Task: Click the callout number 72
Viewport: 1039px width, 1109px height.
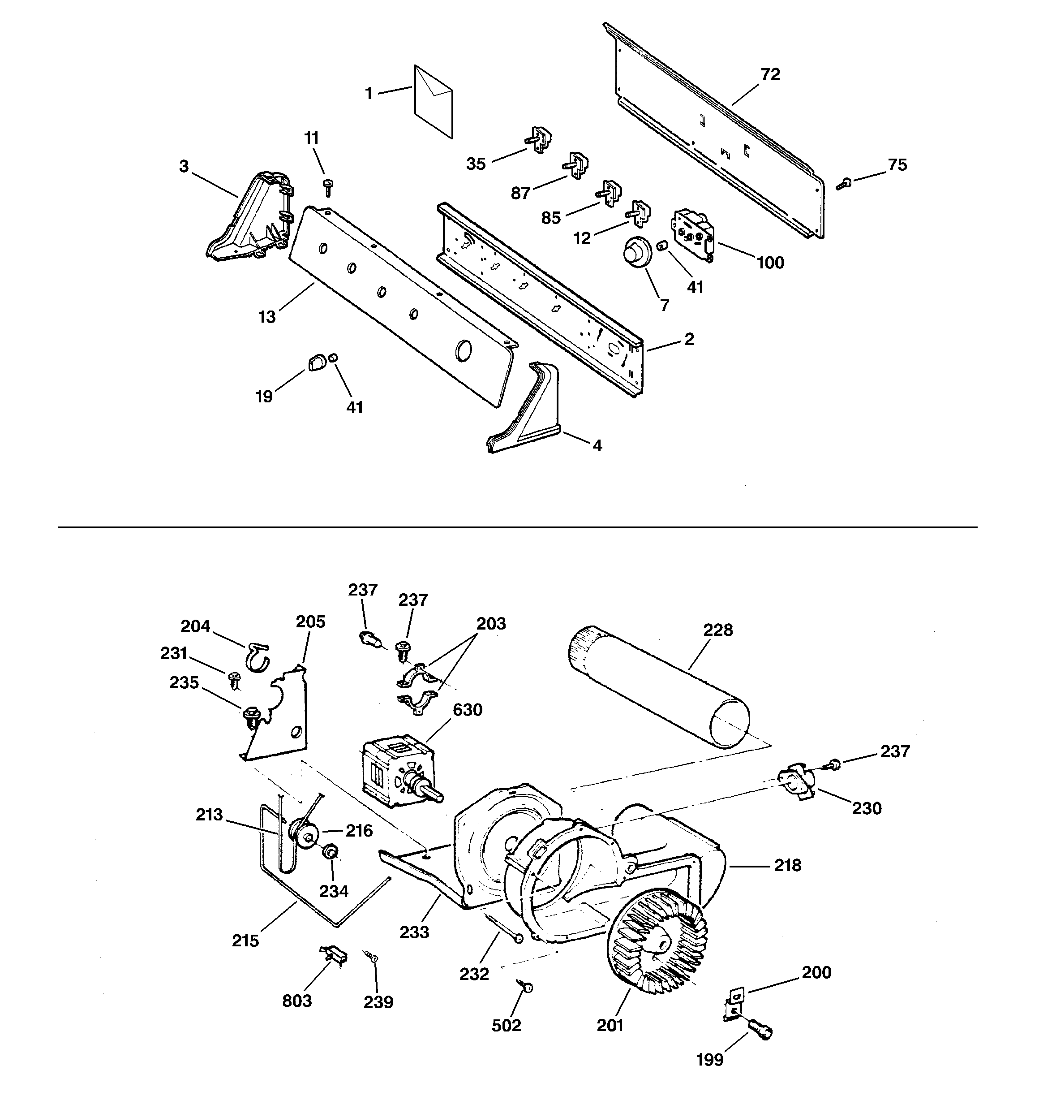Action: [x=770, y=75]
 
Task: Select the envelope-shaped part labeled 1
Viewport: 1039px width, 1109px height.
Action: [x=434, y=100]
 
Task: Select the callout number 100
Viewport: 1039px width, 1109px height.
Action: [x=770, y=263]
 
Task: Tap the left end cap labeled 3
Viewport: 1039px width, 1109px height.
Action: [x=249, y=218]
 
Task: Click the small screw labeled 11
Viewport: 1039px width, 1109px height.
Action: [x=328, y=187]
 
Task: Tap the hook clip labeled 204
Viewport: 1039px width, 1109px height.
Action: [x=257, y=656]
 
